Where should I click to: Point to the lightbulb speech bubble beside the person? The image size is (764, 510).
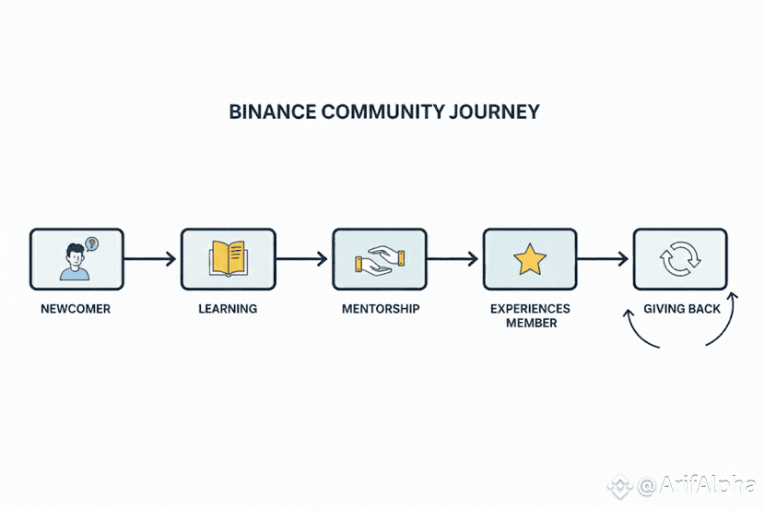[x=91, y=243]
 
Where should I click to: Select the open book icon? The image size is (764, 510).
[x=228, y=258]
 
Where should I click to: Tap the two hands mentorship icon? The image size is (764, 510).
[x=378, y=260]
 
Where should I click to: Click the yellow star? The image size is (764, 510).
[x=529, y=260]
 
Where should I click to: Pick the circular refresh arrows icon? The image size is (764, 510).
[x=680, y=260]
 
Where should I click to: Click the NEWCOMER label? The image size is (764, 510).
[x=76, y=309]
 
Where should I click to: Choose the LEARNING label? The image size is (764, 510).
[x=228, y=309]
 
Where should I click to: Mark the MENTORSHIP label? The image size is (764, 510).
[x=379, y=309]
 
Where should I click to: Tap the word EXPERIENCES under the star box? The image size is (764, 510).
[x=530, y=309]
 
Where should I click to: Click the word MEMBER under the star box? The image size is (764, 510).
[x=530, y=323]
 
